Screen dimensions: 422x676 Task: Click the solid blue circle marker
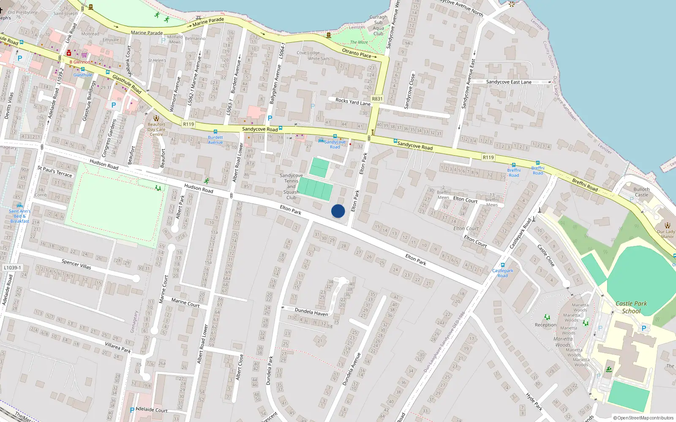click(338, 211)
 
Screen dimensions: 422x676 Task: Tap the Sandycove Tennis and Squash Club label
click(291, 187)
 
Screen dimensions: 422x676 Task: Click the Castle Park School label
click(631, 307)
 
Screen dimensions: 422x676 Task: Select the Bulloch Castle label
click(641, 192)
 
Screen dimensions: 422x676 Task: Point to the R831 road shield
click(377, 99)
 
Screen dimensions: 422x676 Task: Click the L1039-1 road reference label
click(12, 268)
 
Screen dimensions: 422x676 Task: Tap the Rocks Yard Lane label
click(353, 102)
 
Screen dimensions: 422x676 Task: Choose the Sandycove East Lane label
click(509, 82)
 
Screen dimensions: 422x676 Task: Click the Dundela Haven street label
click(311, 312)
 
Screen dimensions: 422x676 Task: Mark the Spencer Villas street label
click(76, 264)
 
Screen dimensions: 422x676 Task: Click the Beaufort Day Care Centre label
click(156, 130)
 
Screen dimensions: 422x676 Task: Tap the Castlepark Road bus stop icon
click(503, 265)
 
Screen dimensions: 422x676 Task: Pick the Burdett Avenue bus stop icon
click(215, 132)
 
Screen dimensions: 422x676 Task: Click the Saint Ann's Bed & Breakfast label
click(20, 216)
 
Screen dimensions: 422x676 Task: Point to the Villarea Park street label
click(118, 347)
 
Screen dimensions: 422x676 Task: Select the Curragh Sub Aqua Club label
click(378, 25)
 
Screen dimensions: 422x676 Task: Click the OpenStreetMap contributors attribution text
click(643, 418)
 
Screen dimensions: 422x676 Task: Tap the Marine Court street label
click(185, 303)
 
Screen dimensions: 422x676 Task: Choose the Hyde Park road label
click(534, 402)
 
